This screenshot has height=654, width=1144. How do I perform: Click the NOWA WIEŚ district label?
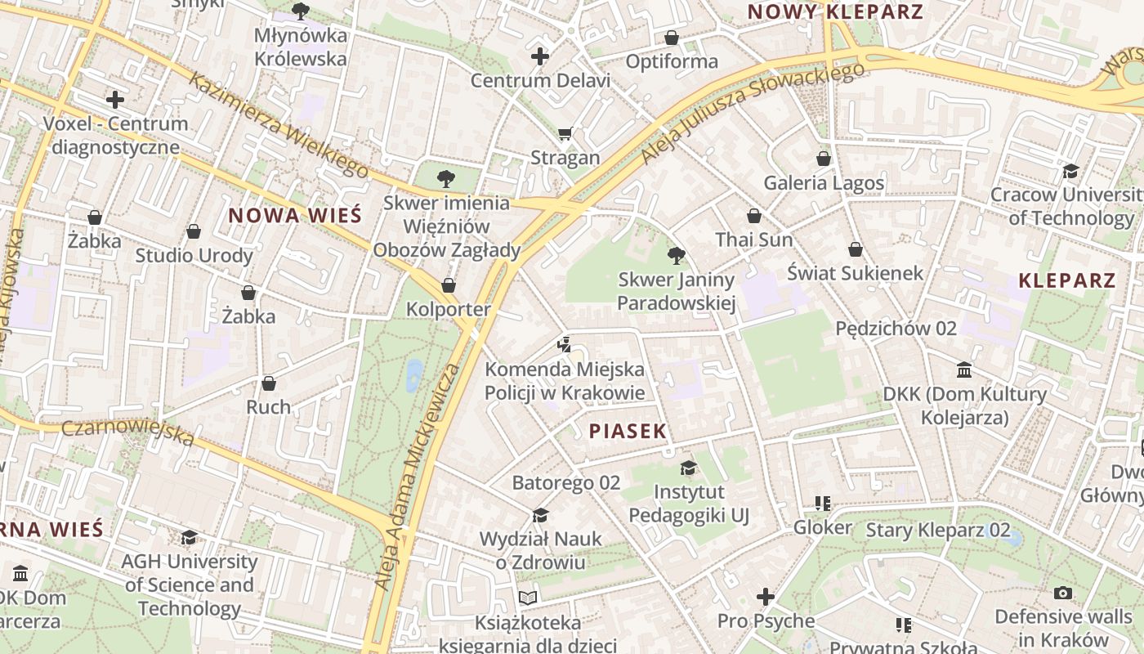[294, 216]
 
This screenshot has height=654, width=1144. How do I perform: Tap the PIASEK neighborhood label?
[628, 432]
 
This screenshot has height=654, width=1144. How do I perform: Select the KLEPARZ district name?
[1066, 281]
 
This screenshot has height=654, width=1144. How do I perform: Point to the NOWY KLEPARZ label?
[835, 12]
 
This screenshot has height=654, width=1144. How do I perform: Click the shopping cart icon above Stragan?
[565, 133]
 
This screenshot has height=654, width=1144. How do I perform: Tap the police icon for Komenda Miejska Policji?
[563, 344]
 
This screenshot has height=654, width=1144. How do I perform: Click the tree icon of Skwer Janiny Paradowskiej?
[676, 256]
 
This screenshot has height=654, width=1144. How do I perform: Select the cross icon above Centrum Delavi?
[539, 56]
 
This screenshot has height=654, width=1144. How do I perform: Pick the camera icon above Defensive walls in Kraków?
[1062, 593]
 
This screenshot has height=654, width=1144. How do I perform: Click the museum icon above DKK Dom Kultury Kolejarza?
[964, 370]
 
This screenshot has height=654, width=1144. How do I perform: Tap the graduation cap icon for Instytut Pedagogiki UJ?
[688, 468]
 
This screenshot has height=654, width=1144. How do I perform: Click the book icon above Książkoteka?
[528, 598]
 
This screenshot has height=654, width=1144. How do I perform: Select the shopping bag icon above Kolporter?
[448, 285]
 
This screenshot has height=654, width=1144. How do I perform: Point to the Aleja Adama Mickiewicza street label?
[417, 477]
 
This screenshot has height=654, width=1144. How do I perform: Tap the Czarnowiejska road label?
[128, 433]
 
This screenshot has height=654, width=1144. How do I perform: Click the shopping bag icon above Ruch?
[268, 383]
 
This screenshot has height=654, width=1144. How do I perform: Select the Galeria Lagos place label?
[824, 182]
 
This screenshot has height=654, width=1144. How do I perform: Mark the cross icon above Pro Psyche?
[765, 597]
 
